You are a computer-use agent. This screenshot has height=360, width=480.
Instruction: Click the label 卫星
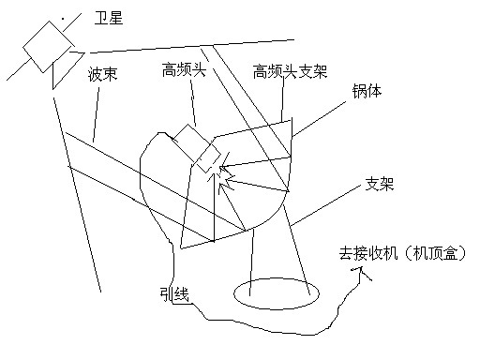(109, 18)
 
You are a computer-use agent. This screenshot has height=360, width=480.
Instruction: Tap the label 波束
(102, 74)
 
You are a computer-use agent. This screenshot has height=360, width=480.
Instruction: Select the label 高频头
(184, 69)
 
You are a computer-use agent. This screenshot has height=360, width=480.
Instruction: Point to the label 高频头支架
(290, 71)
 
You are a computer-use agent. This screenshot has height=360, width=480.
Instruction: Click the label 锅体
(367, 91)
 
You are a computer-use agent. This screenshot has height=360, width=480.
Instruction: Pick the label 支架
(380, 184)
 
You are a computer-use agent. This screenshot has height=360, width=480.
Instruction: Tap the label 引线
(174, 294)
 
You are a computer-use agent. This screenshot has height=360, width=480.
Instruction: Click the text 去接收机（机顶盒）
(402, 253)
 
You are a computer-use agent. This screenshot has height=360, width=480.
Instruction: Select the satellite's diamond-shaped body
(49, 47)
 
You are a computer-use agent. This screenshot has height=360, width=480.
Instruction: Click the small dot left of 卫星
(63, 19)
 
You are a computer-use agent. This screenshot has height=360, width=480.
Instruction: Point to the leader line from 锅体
(319, 119)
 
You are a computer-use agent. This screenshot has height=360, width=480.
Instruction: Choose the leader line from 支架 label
(325, 205)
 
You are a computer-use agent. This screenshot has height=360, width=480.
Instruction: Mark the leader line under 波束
(96, 114)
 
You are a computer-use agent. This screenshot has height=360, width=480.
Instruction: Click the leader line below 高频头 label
(193, 103)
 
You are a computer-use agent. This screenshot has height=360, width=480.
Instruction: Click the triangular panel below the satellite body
(68, 70)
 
